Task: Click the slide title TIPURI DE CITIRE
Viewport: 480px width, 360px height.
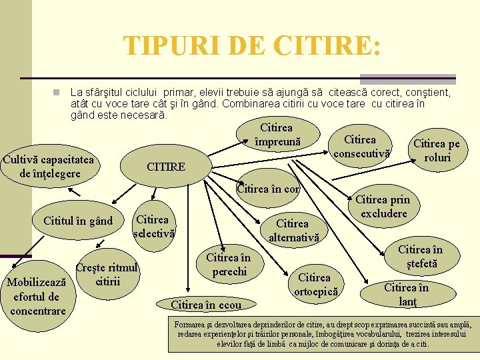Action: tap(253, 46)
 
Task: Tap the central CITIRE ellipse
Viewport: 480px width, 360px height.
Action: tap(166, 167)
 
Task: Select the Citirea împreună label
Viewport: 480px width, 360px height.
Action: tap(277, 134)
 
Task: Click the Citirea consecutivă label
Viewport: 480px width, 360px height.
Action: tap(359, 147)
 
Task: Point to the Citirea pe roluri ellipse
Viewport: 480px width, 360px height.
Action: tap(437, 151)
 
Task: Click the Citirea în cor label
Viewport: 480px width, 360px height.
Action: tap(269, 189)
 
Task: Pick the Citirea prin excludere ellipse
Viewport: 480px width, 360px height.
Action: tap(383, 206)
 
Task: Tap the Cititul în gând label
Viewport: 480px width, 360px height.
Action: tap(78, 221)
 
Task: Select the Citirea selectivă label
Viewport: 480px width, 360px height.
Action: tap(153, 226)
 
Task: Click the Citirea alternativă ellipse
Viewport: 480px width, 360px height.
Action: tap(293, 230)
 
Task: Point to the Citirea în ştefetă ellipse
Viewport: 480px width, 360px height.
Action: tap(419, 257)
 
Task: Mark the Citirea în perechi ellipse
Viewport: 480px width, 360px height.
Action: tap(228, 264)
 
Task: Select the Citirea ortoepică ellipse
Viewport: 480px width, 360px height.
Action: tap(314, 284)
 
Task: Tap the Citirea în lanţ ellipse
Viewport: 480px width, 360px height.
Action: tap(406, 294)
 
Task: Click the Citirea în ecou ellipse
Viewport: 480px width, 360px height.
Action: tap(206, 305)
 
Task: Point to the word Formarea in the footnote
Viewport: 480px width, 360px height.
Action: tap(191, 325)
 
